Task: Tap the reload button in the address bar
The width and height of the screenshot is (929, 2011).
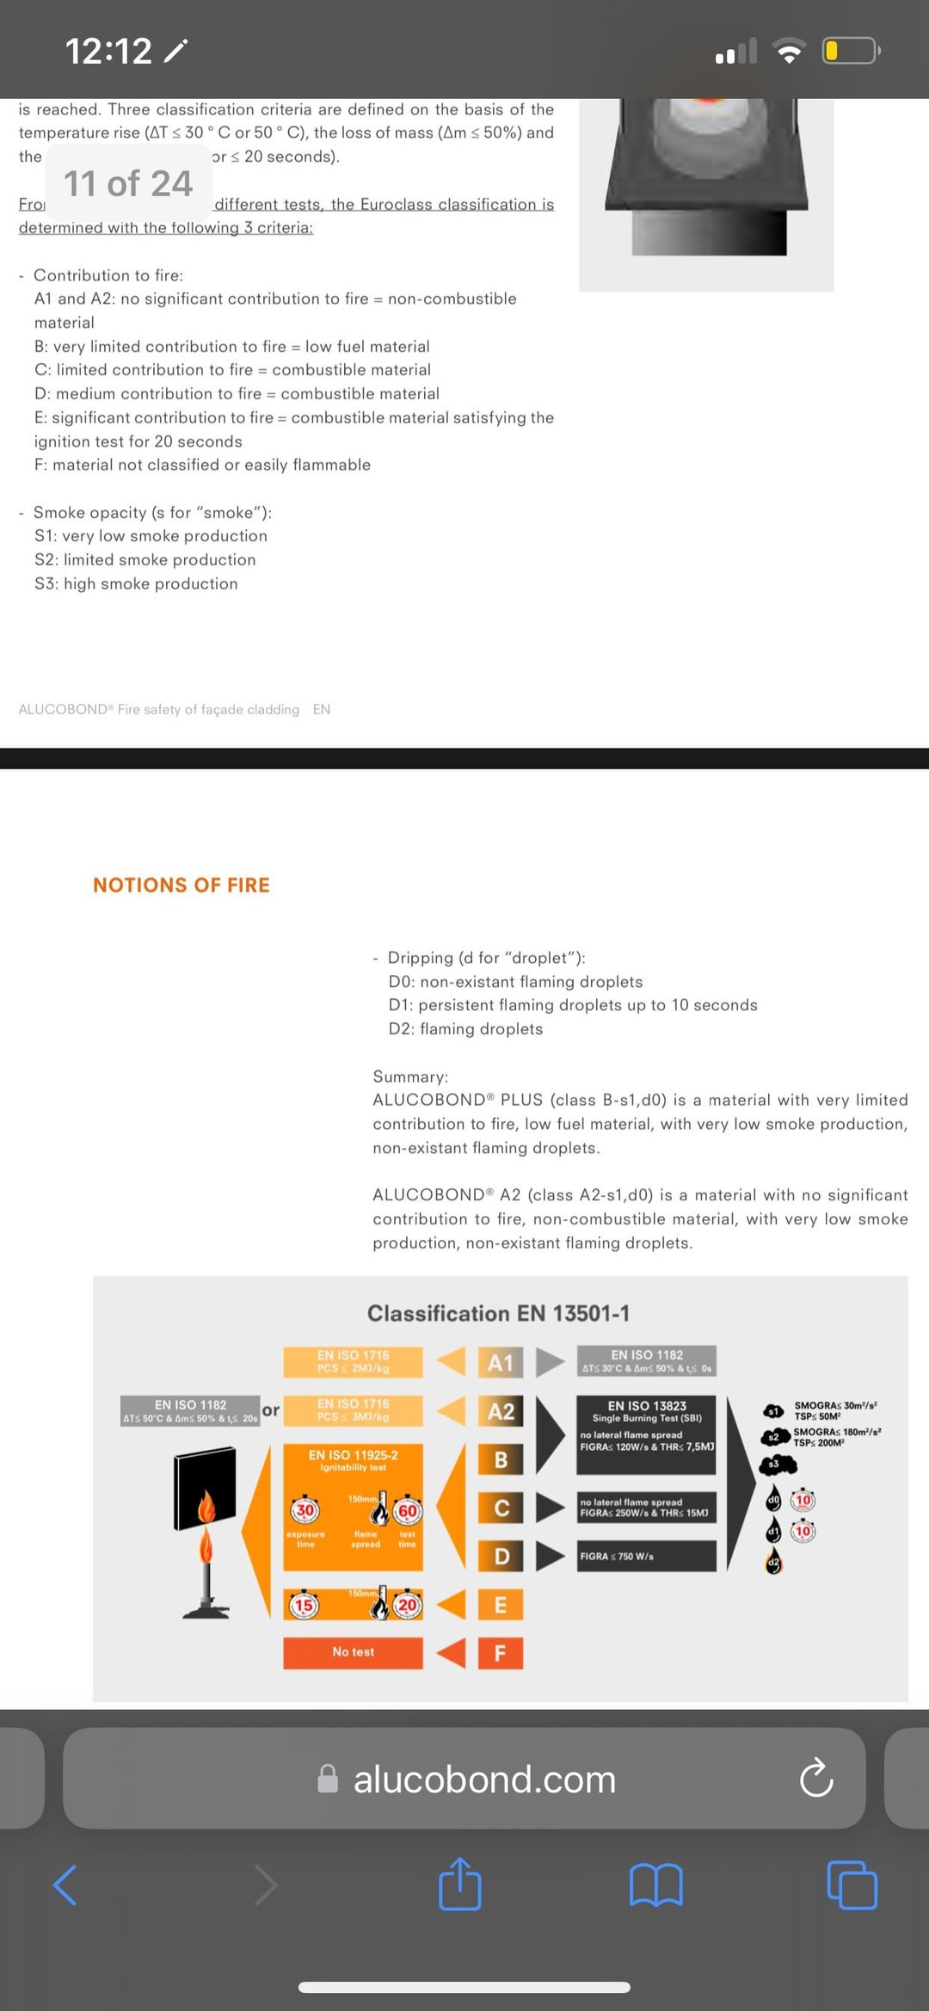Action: point(815,1778)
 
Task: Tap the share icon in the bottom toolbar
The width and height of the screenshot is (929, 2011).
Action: point(460,1885)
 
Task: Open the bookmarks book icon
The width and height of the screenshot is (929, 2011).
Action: point(655,1885)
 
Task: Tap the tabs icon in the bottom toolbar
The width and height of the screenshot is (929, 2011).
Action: point(852,1885)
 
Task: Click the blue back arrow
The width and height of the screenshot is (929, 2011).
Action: point(65,1885)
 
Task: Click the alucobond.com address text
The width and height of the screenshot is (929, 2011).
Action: point(484,1780)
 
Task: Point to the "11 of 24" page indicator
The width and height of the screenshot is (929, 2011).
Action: point(128,183)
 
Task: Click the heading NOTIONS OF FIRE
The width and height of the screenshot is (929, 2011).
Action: point(181,885)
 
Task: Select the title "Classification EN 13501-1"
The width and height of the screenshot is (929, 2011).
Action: point(498,1313)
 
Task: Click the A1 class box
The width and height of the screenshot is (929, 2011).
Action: point(501,1363)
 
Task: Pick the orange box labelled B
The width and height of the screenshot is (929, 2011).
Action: point(501,1459)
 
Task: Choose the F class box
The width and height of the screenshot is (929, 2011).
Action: point(501,1652)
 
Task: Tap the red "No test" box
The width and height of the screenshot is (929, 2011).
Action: point(353,1652)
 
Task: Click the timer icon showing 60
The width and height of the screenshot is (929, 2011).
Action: point(407,1511)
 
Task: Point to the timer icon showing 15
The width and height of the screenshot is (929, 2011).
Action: point(304,1605)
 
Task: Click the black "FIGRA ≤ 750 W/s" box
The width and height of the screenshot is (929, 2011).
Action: point(647,1556)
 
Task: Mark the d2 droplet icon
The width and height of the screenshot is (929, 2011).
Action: point(773,1562)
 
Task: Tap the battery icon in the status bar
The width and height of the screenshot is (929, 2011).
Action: point(850,51)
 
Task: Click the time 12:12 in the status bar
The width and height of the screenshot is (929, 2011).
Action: point(109,51)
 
